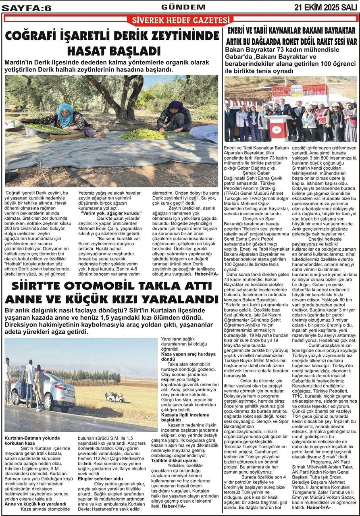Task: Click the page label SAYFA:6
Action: pyautogui.click(x=27, y=7)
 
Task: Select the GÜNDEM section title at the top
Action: pyautogui.click(x=177, y=7)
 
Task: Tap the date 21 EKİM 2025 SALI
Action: pyautogui.click(x=325, y=7)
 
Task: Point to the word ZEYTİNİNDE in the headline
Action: pyautogui.click(x=178, y=37)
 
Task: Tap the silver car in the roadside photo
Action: pyautogui.click(x=44, y=390)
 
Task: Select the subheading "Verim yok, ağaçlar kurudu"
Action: pyautogui.click(x=111, y=212)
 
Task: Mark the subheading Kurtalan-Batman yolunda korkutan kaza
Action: pyautogui.click(x=32, y=440)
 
